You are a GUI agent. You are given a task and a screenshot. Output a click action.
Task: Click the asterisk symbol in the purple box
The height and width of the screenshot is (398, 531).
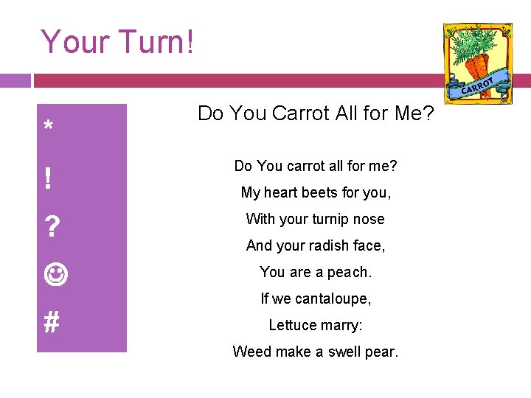tap(48, 127)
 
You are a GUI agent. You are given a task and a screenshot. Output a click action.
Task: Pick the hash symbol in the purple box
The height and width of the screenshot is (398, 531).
tap(51, 322)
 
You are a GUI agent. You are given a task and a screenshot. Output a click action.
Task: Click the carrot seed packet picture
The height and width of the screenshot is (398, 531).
tap(477, 63)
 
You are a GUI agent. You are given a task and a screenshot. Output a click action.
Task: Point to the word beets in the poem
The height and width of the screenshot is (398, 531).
tap(323, 192)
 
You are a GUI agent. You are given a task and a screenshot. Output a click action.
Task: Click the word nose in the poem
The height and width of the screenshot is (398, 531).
tap(369, 219)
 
